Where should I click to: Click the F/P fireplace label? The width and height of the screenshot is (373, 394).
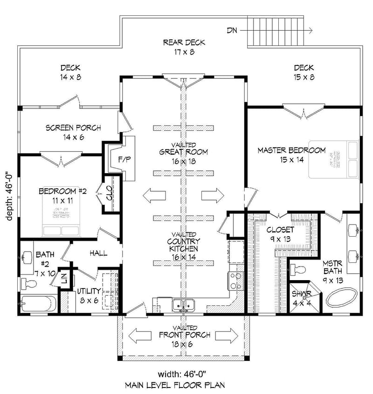click(x=124, y=160)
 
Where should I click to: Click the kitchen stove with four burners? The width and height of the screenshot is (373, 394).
click(x=235, y=280)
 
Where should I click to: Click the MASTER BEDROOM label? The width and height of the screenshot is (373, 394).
click(x=291, y=150)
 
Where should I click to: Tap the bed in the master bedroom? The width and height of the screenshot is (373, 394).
click(x=333, y=159)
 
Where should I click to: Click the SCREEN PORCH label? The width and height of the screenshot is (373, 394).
click(x=73, y=128)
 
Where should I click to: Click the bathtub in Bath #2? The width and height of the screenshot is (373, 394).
click(x=39, y=305)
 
